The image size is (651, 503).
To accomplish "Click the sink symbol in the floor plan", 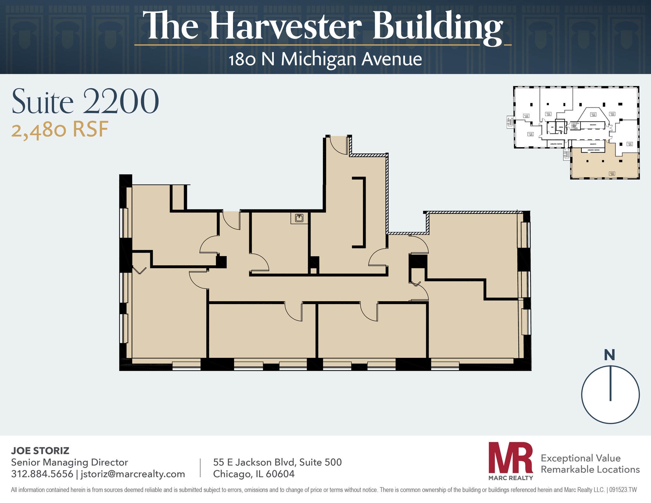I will [299, 218].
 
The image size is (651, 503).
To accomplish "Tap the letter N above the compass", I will [609, 355].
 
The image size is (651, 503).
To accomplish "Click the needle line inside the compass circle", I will [610, 383].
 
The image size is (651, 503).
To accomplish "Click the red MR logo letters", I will [511, 458].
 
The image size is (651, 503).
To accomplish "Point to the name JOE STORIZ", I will [40, 451].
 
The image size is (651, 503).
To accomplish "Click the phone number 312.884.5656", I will [42, 474].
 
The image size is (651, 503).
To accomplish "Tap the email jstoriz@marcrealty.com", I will [133, 474].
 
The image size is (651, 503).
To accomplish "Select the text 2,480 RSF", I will [60, 130].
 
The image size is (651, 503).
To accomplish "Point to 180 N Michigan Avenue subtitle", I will [325, 59].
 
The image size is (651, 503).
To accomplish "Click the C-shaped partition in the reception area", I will [362, 212].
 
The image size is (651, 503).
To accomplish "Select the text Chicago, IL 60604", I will [254, 474].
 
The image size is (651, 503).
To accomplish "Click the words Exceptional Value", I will [580, 458].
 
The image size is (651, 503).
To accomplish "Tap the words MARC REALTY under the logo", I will [511, 478].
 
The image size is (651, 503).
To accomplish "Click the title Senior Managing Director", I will [69, 462].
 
